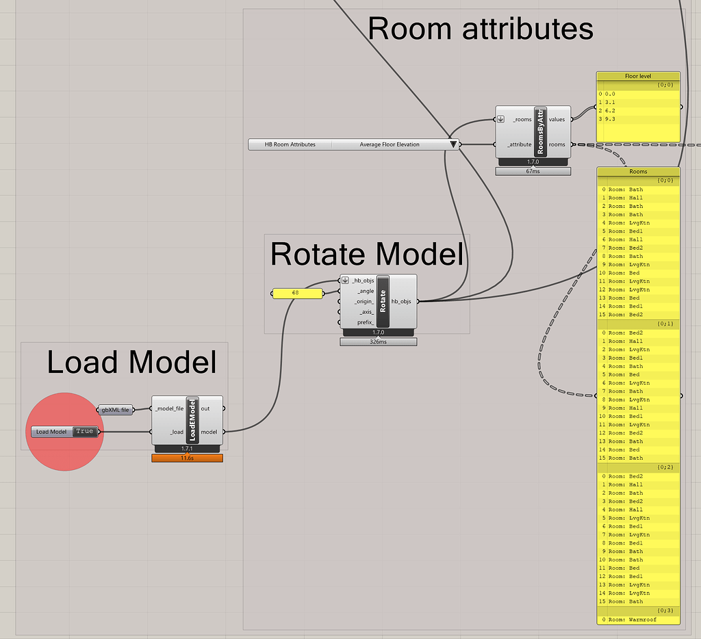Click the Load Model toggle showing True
click(84, 432)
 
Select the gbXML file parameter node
click(115, 410)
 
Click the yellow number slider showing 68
click(297, 294)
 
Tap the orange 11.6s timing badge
click(187, 458)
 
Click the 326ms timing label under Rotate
click(378, 341)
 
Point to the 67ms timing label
click(533, 171)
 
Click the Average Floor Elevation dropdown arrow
click(453, 144)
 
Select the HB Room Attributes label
click(290, 144)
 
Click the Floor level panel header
click(638, 76)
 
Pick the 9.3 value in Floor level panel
click(610, 119)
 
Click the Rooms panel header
click(638, 172)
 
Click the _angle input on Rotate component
click(365, 291)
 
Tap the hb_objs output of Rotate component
click(401, 301)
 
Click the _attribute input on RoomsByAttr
click(519, 144)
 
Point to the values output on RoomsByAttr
click(557, 119)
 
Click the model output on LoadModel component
click(209, 432)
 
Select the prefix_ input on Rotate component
click(365, 322)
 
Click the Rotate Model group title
click(367, 254)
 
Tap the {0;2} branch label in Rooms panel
click(663, 467)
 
